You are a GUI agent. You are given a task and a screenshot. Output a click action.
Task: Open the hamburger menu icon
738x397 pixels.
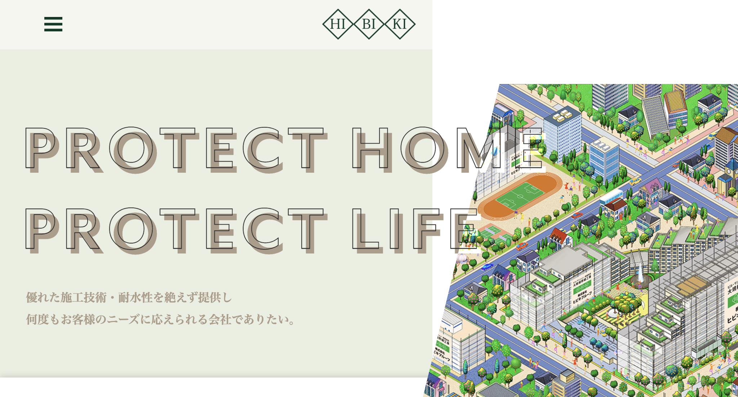[53, 24]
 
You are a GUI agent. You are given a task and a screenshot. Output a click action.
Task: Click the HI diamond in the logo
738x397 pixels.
[338, 24]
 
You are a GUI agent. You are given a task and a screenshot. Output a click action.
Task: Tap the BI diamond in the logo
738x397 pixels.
[369, 24]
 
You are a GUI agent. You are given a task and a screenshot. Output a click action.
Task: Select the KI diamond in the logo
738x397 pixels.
[400, 24]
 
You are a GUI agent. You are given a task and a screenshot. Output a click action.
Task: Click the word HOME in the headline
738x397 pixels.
[447, 149]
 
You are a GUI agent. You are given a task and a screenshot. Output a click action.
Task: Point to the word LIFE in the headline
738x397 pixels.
[414, 230]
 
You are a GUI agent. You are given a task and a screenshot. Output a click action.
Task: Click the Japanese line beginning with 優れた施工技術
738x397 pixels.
[129, 297]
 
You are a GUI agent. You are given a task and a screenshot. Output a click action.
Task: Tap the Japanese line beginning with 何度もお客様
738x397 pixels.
[161, 319]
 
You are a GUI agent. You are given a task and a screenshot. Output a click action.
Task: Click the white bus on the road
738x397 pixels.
[611, 197]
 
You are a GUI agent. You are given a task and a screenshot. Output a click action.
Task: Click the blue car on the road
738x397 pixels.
[487, 267]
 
